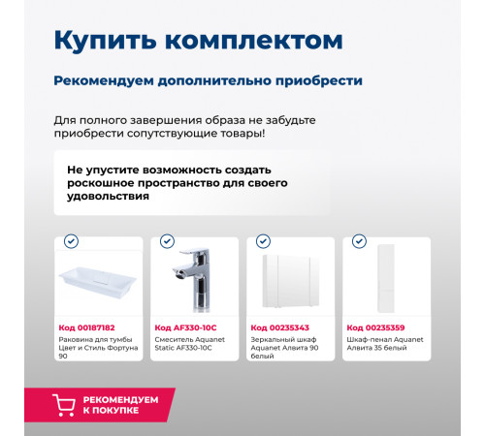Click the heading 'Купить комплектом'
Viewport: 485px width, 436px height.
[x=197, y=41]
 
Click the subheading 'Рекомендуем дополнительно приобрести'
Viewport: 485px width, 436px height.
[x=209, y=80]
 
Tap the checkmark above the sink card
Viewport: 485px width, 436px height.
[x=71, y=241]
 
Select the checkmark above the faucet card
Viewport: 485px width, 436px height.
[x=167, y=241]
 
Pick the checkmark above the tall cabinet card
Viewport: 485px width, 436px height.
[x=359, y=241]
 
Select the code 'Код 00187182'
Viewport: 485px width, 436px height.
[x=86, y=328]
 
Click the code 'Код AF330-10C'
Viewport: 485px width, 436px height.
[x=186, y=328]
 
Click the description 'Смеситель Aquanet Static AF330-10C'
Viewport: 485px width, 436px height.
[x=191, y=344]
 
